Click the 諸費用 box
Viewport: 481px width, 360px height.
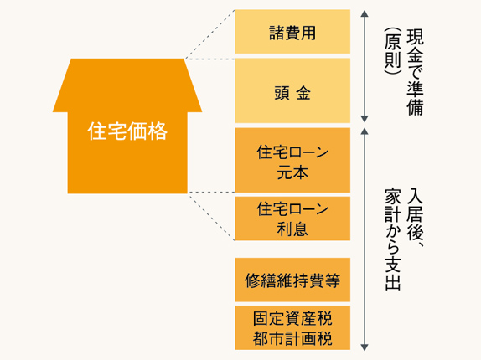[x=292, y=32]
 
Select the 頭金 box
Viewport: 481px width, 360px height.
[x=292, y=90]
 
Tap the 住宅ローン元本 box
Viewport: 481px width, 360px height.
[x=292, y=160]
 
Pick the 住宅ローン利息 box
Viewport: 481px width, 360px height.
[x=292, y=219]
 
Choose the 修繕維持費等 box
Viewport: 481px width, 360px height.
[x=292, y=280]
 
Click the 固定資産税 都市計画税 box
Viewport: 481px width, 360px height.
[x=292, y=327]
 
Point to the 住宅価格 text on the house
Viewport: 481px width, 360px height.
[x=127, y=131]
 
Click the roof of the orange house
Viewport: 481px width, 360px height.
[x=127, y=85]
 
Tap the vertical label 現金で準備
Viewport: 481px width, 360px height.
[x=415, y=73]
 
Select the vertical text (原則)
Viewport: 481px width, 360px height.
[x=393, y=51]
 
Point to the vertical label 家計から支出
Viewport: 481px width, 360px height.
[x=393, y=239]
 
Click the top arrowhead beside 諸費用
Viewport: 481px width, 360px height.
[x=365, y=13]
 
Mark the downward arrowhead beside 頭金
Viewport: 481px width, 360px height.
[x=365, y=119]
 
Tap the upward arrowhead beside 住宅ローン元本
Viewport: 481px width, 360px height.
[x=365, y=131]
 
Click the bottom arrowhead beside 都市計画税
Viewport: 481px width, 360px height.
[x=365, y=347]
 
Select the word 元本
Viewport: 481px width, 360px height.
[x=292, y=172]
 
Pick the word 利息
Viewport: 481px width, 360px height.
[x=292, y=229]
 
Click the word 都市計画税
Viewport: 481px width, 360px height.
[x=292, y=338]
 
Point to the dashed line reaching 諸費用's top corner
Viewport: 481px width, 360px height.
[x=209, y=34]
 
